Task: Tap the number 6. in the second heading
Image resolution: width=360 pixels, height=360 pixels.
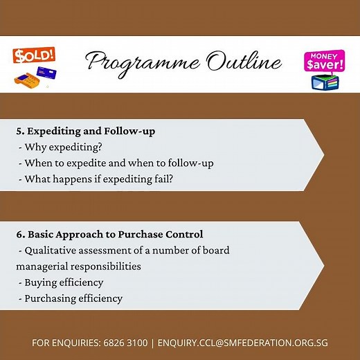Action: pyautogui.click(x=21, y=234)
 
